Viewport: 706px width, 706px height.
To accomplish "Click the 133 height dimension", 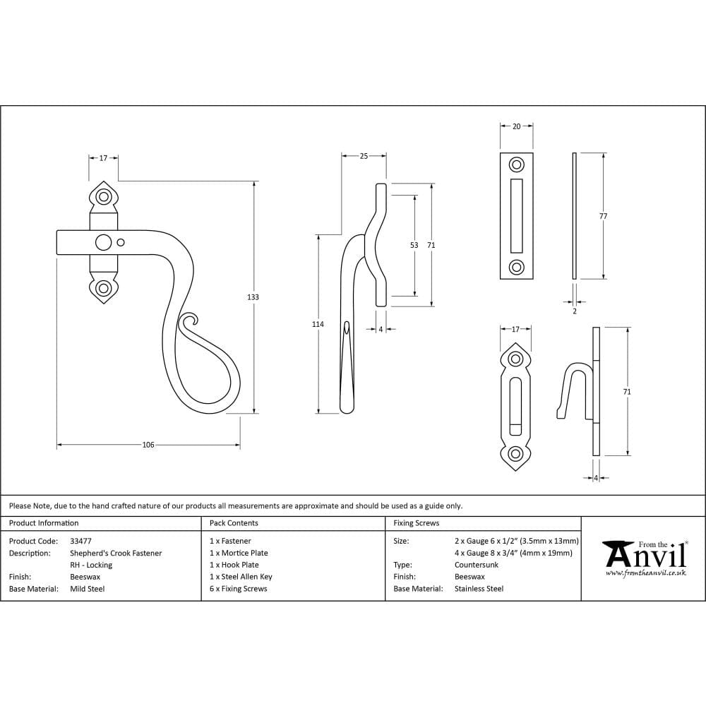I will tap(253, 297).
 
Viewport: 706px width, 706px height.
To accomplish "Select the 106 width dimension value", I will tap(148, 445).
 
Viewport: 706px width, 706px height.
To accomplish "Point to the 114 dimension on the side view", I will tap(318, 324).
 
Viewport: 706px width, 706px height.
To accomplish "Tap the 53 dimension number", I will tap(414, 245).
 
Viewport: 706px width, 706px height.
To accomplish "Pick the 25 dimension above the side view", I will tap(364, 156).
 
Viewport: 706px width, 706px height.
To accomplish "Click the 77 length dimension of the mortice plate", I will tap(603, 216).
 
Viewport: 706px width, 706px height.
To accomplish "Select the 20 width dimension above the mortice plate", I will tap(516, 126).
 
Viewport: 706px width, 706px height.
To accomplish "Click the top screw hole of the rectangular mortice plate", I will tap(517, 165).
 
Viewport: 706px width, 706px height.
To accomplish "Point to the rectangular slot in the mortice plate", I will tap(517, 215).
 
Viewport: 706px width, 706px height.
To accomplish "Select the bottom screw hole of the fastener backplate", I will tap(104, 288).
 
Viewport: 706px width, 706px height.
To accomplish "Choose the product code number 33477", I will tap(81, 541).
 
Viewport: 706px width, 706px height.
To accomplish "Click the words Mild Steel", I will tap(88, 589).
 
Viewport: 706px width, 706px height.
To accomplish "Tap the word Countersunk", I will tap(476, 565).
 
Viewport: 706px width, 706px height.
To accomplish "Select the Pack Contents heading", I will tap(234, 523).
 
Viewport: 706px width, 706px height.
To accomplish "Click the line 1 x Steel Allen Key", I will tap(241, 577).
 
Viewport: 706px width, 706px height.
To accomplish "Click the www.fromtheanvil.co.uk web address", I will tap(645, 573).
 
